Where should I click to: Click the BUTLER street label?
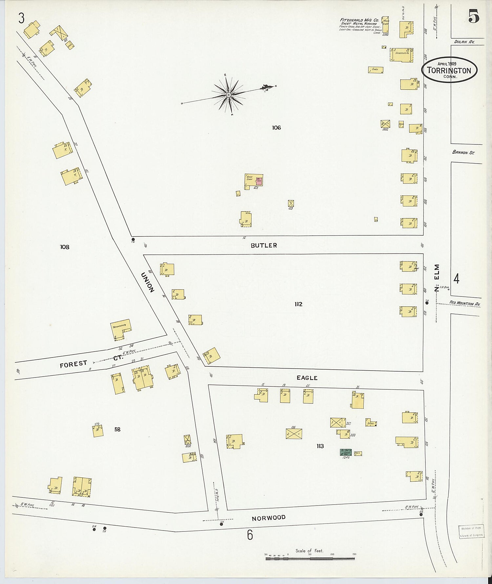pyautogui.click(x=264, y=245)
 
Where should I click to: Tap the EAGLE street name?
pyautogui.click(x=307, y=378)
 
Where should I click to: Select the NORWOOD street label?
pyautogui.click(x=269, y=518)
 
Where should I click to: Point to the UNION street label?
pyautogui.click(x=148, y=282)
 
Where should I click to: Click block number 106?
pyautogui.click(x=277, y=128)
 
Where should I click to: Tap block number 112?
pyautogui.click(x=298, y=304)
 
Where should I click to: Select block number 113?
pyautogui.click(x=320, y=446)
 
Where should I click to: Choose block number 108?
pyautogui.click(x=65, y=247)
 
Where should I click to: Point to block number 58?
pyautogui.click(x=117, y=429)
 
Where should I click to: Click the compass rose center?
pyautogui.click(x=229, y=95)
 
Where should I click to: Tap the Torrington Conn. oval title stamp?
pyautogui.click(x=449, y=70)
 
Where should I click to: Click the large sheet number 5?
pyautogui.click(x=474, y=16)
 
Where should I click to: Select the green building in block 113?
pyautogui.click(x=345, y=452)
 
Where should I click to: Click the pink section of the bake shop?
pyautogui.click(x=259, y=181)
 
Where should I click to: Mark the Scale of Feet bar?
pyautogui.click(x=310, y=558)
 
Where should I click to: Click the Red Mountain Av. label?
pyautogui.click(x=465, y=303)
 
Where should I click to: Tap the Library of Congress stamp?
pyautogui.click(x=471, y=532)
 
